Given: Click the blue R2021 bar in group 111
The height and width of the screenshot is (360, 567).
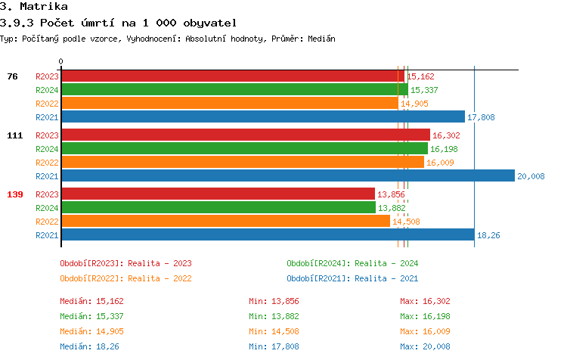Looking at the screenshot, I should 287,176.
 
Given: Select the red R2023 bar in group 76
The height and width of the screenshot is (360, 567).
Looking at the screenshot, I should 232,76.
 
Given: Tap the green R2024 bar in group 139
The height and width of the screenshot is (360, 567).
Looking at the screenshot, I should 218,208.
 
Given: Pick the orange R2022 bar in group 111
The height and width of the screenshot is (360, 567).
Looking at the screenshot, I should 242,163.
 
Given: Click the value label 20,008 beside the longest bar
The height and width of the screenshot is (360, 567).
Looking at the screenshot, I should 531,176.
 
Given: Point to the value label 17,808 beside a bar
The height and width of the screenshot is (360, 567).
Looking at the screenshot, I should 481,117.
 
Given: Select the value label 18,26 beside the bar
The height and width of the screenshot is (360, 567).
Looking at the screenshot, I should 488,235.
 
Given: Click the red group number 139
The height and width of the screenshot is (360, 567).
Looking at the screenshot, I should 15,194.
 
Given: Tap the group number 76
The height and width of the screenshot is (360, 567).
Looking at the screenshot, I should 12,76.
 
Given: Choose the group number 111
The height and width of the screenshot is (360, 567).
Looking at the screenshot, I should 15,135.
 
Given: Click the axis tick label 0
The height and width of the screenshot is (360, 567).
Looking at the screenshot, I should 61,61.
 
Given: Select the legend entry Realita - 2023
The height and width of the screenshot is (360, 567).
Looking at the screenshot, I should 125,263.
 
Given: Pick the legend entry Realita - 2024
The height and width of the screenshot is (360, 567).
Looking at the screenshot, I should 352,263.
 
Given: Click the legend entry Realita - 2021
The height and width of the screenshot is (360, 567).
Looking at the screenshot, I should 352,278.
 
